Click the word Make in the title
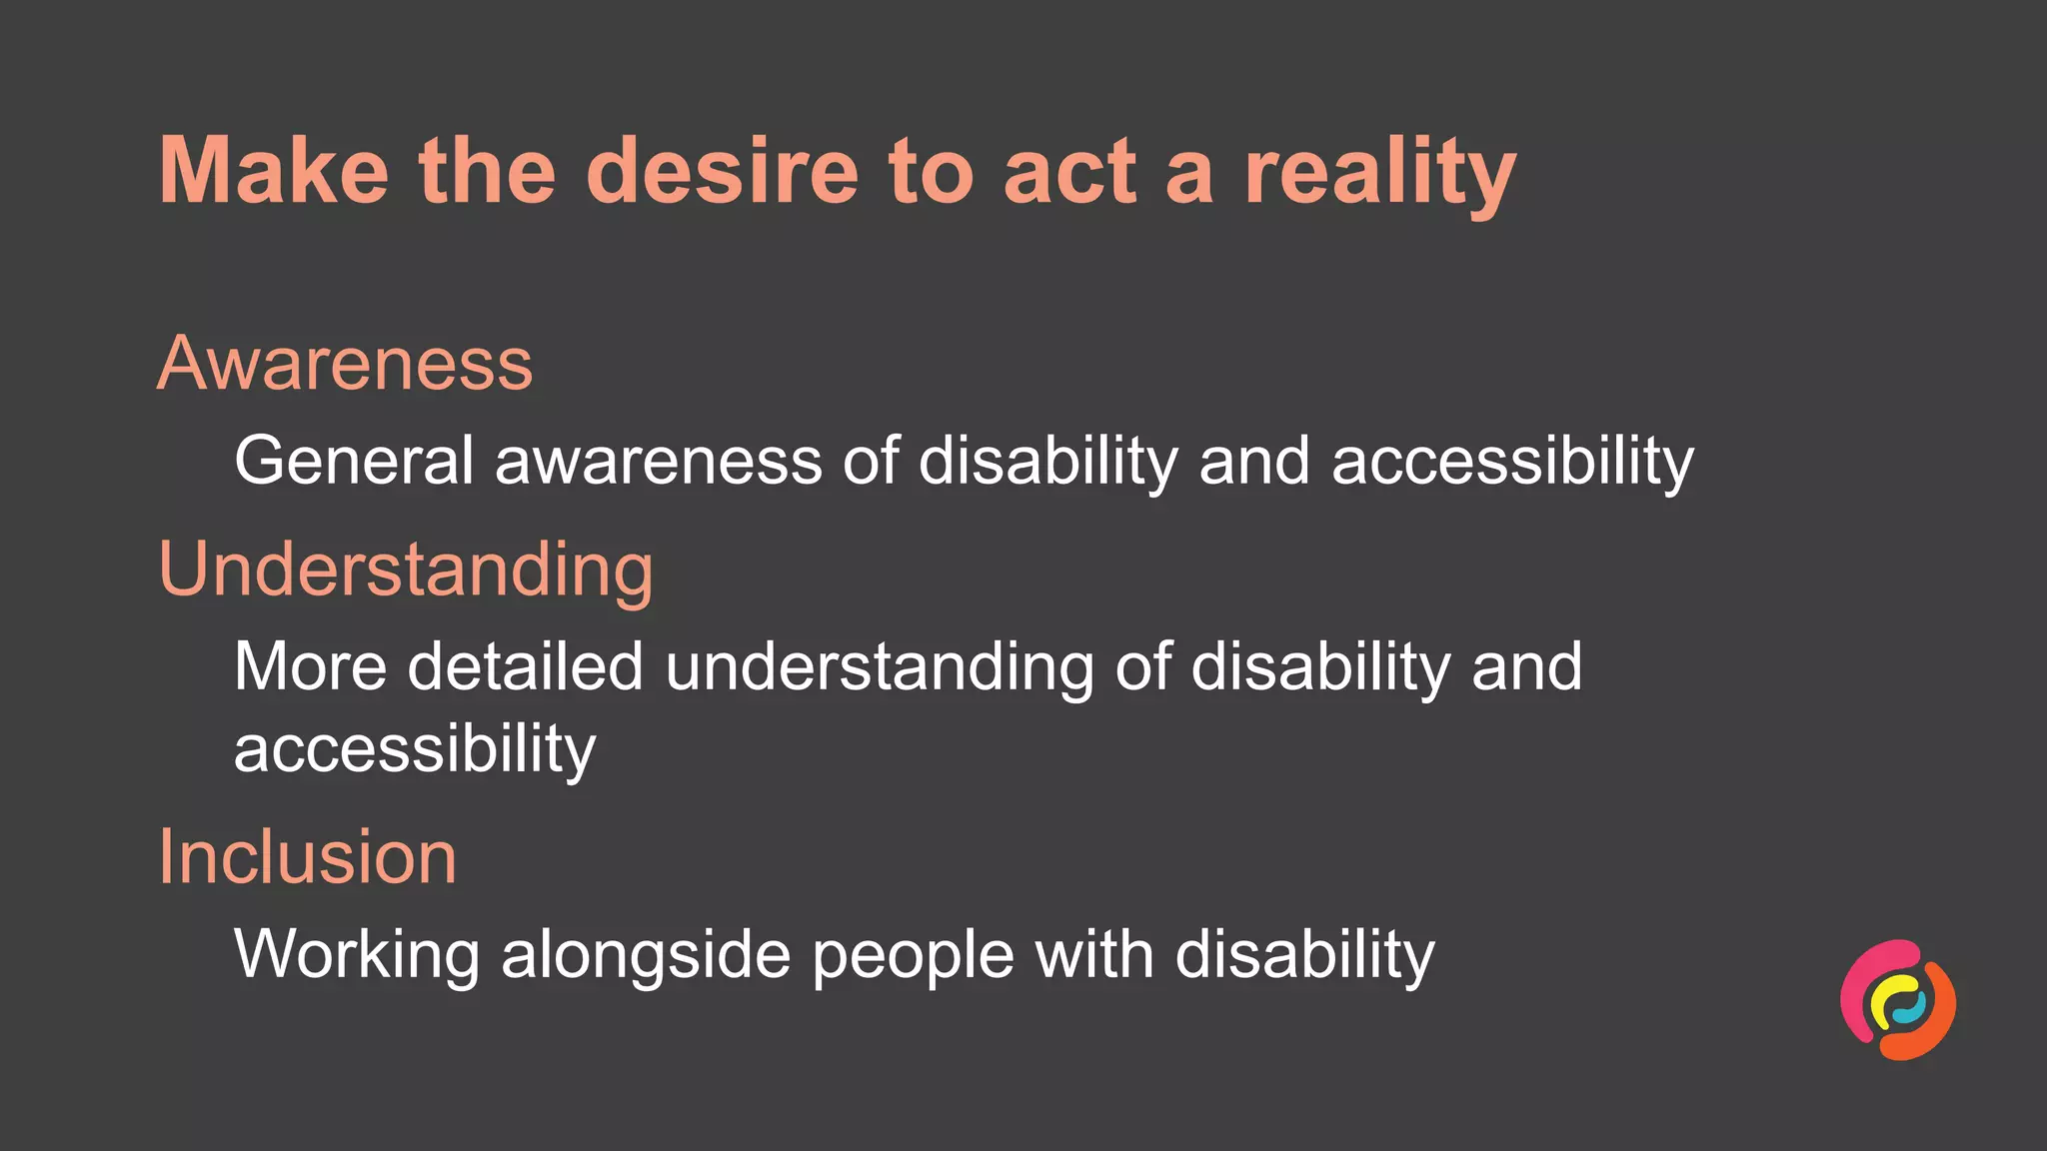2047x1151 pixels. (273, 171)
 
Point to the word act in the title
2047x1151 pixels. (1069, 173)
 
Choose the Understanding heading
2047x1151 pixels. (406, 571)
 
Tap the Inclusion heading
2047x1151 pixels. (308, 857)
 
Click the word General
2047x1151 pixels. (354, 461)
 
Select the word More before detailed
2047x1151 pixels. (310, 666)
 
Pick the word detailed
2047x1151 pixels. (525, 666)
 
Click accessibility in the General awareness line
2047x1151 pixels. (1512, 463)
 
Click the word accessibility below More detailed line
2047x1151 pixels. (415, 750)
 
